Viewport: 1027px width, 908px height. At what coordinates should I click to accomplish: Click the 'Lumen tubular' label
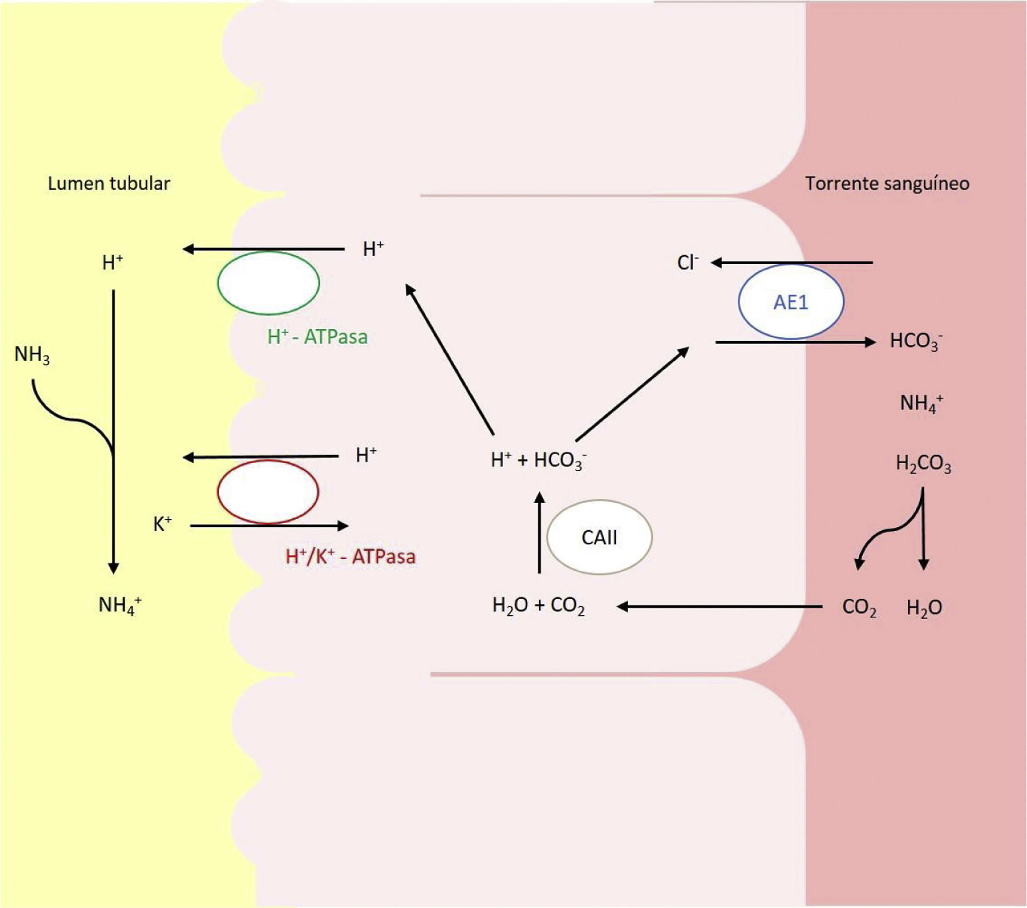point(109,184)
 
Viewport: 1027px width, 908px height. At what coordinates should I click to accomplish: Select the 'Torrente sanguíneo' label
point(887,184)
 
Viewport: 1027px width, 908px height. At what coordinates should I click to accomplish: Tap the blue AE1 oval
point(791,302)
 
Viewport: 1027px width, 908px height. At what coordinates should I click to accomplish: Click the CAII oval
point(600,537)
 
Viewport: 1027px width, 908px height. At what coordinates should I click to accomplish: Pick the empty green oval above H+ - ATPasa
point(269,283)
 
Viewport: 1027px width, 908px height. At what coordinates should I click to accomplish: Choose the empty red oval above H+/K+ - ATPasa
point(268,492)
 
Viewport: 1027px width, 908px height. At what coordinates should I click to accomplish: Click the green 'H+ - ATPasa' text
point(317,337)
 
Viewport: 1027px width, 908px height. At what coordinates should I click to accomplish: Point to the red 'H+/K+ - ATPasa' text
point(351,557)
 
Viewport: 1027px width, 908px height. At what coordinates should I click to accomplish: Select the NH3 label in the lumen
point(32,355)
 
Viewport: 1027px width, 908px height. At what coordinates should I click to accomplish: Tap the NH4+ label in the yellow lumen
point(120,605)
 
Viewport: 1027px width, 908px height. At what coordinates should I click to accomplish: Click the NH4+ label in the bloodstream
point(921,403)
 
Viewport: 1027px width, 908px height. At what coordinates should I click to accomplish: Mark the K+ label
point(162,525)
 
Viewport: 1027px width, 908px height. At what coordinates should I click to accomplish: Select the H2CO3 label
point(924,464)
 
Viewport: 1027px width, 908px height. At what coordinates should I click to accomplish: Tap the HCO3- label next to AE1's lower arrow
point(916,341)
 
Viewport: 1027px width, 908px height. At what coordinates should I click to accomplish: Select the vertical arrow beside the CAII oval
point(539,533)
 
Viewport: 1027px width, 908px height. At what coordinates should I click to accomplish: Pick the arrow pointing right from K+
point(269,526)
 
